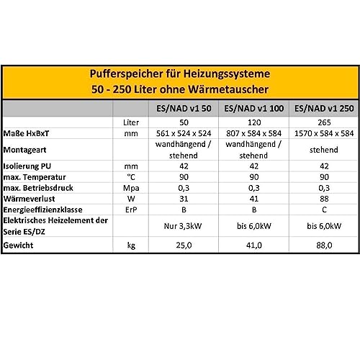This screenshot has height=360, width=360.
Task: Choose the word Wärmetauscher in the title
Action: pyautogui.click(x=230, y=91)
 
